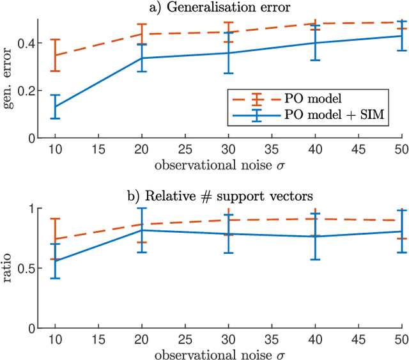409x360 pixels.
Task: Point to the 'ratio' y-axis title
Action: pyautogui.click(x=10, y=269)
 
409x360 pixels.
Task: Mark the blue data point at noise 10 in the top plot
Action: pyautogui.click(x=56, y=107)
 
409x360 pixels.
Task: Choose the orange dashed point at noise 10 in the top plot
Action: pyautogui.click(x=56, y=55)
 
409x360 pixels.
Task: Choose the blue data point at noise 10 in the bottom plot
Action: pyautogui.click(x=56, y=261)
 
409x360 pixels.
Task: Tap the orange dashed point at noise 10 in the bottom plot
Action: pyautogui.click(x=56, y=239)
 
